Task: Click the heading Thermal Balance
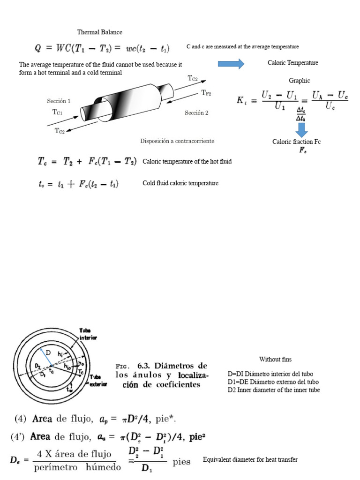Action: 99,32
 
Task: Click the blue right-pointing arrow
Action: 231,63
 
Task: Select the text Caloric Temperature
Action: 292,63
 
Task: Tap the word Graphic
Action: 299,81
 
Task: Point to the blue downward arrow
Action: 302,129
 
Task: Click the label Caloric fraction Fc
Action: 296,142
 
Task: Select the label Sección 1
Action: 59,101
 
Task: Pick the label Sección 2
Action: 196,113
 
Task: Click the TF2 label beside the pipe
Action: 206,93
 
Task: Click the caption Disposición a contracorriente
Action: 177,141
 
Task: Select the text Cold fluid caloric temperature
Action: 180,183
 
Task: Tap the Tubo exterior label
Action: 98,380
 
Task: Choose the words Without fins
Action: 275,360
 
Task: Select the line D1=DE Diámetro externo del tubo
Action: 273,382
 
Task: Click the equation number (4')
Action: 19,437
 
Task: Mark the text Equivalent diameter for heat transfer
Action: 250,460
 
